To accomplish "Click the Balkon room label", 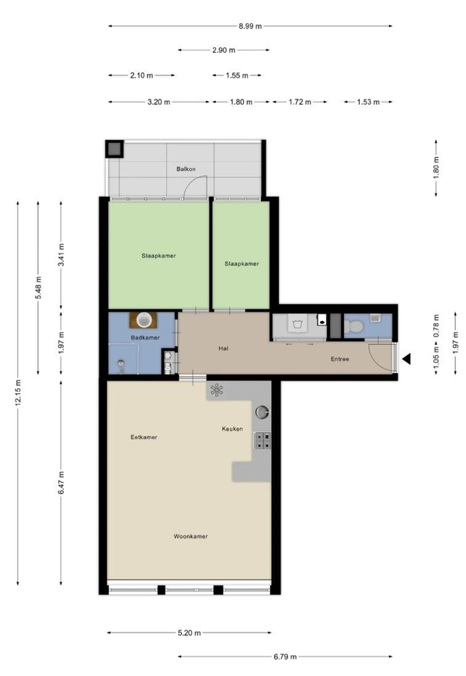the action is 186,169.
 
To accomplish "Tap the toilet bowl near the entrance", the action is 354,327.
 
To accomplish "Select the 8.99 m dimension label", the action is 250,26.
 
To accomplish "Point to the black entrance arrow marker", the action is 406,359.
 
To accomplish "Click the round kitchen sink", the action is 262,412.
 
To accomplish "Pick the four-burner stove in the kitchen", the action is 263,441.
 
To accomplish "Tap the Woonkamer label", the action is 190,536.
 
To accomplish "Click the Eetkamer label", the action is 144,437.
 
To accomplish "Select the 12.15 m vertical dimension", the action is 18,393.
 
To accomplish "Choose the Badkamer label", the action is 145,337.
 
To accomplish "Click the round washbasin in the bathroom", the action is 144,320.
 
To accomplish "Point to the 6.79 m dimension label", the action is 285,657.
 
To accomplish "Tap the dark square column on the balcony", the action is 115,149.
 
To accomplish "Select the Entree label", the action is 339,359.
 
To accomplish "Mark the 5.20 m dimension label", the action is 190,633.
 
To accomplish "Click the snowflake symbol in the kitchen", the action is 217,391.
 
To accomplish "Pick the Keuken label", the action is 232,429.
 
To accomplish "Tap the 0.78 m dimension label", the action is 436,326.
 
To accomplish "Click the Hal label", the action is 224,348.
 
